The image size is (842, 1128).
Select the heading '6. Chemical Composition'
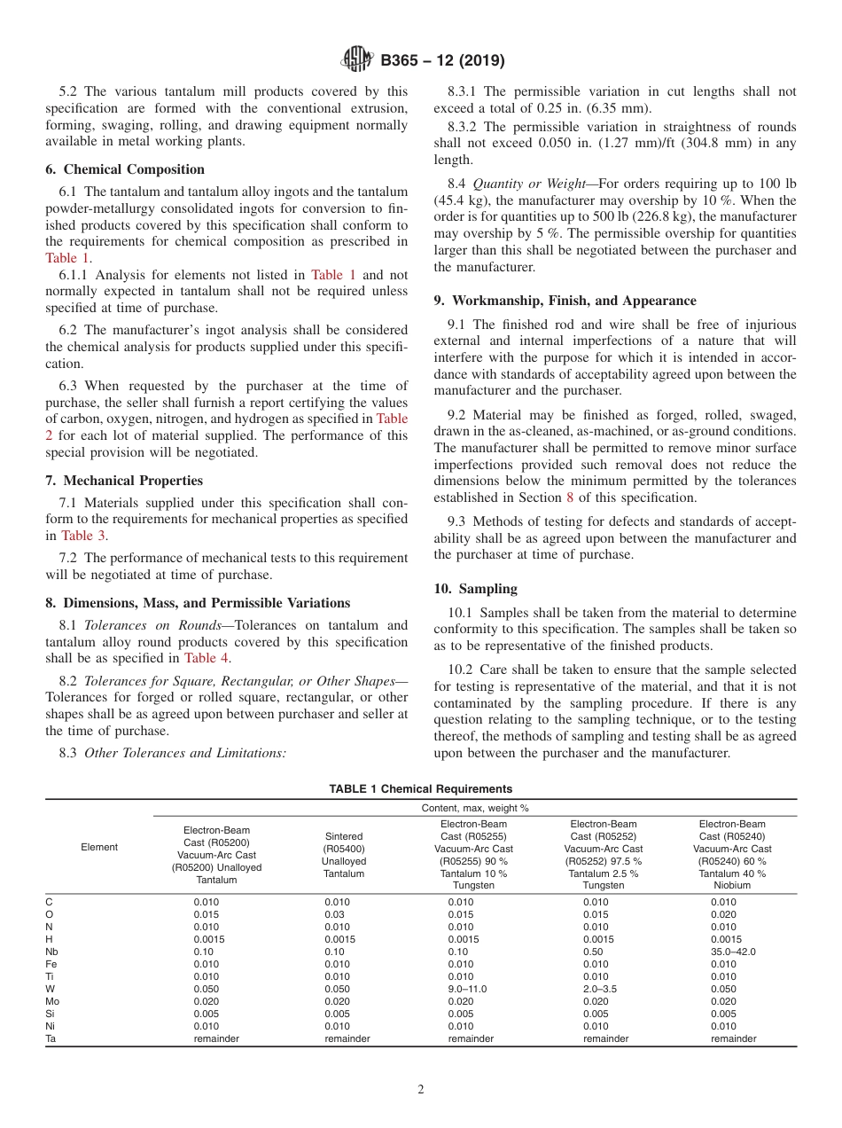tap(125, 169)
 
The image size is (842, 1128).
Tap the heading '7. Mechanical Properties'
tap(124, 481)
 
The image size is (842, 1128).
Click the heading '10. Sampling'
tap(476, 589)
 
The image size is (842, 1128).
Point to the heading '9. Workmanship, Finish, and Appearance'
tap(565, 301)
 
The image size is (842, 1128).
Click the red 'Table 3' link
tap(84, 536)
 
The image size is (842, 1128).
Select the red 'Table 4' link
tap(207, 658)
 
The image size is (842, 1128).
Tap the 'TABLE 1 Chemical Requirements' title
tap(420, 789)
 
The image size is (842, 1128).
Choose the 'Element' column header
tap(99, 847)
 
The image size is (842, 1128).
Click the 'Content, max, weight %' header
tap(474, 808)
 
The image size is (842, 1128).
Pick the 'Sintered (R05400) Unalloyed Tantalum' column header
tap(344, 855)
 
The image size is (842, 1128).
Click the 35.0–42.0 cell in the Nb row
tap(733, 952)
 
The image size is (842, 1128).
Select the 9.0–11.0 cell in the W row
tap(467, 989)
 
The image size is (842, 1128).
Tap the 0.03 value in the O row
tap(334, 914)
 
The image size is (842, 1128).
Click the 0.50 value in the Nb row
tap(593, 952)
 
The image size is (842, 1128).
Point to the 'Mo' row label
tap(52, 1001)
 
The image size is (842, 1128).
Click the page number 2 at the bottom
tap(421, 1090)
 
